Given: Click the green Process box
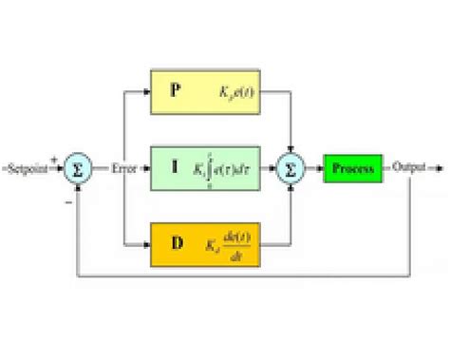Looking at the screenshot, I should [352, 170].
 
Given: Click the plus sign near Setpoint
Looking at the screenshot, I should [55, 161].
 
